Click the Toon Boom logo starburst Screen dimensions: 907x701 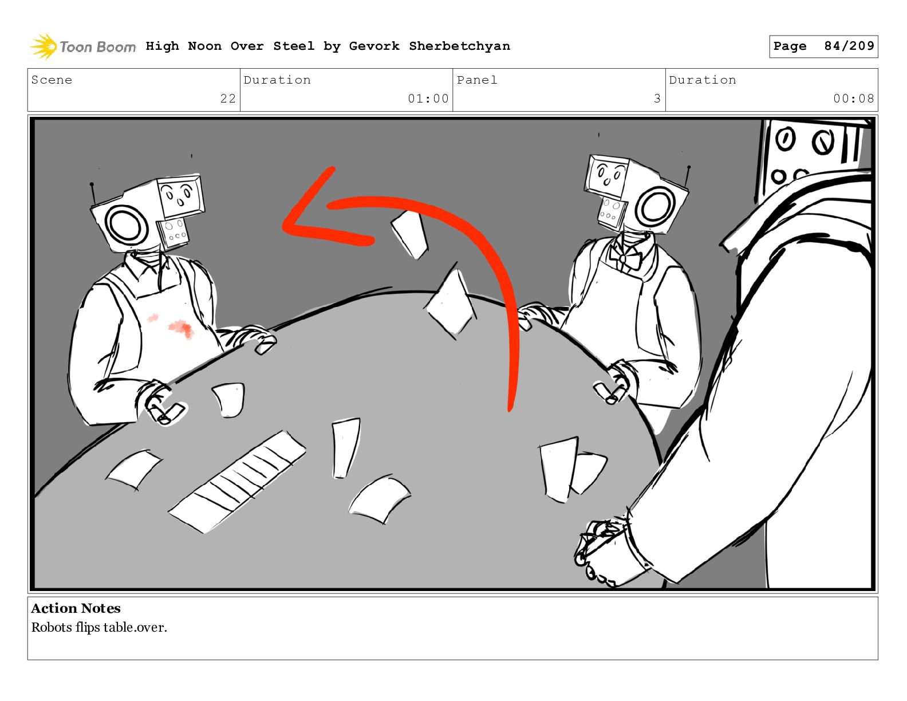[x=44, y=46]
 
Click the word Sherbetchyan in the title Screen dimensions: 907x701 [x=459, y=46]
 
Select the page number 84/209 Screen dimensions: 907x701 [x=849, y=46]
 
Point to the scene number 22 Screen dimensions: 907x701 [x=228, y=99]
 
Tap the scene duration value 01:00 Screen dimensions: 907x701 [x=428, y=99]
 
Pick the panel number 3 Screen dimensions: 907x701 [x=657, y=99]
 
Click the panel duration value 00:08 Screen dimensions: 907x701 [x=854, y=99]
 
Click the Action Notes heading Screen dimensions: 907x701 [x=76, y=608]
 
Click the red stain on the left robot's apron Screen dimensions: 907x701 [x=177, y=326]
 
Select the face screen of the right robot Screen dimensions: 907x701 [x=606, y=175]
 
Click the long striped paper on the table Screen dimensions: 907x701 [x=237, y=482]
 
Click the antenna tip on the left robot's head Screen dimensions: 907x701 [x=92, y=184]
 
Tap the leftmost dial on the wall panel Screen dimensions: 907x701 [x=785, y=139]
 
